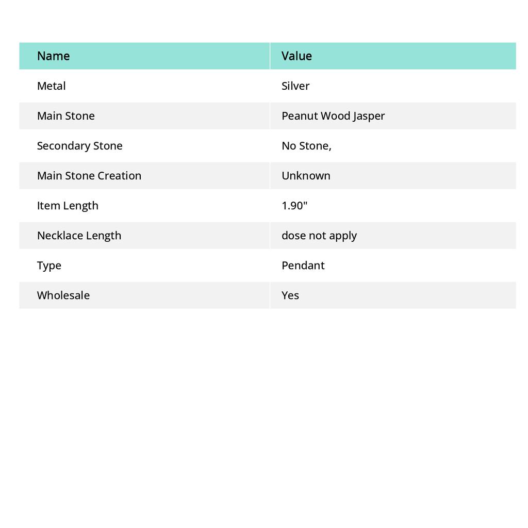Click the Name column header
click(53, 56)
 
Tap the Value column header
click(296, 56)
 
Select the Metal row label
click(51, 86)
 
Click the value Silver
click(295, 86)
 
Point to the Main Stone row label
click(65, 116)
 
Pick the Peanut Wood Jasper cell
click(333, 116)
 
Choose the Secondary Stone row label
click(79, 146)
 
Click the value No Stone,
click(306, 146)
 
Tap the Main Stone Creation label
click(89, 176)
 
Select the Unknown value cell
click(306, 176)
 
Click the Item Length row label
click(68, 206)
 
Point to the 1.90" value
click(294, 206)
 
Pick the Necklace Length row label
click(79, 236)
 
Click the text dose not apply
click(319, 236)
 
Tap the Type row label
click(49, 266)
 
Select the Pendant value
click(303, 266)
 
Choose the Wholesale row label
click(63, 295)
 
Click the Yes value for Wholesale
click(290, 295)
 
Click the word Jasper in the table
click(369, 116)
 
